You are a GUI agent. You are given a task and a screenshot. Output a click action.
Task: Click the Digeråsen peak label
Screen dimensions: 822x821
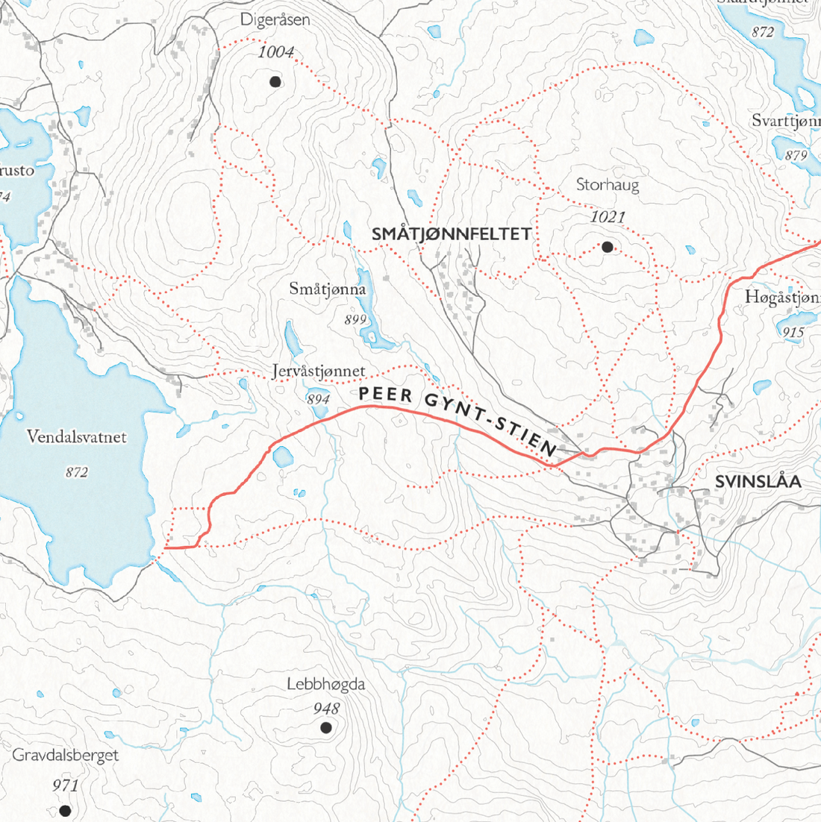click(x=275, y=21)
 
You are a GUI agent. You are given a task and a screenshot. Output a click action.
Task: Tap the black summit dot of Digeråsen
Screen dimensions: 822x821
click(x=275, y=81)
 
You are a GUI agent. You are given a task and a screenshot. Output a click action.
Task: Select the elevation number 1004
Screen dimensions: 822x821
click(x=276, y=52)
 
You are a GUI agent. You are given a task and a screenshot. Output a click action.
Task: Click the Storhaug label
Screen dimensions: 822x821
click(x=608, y=185)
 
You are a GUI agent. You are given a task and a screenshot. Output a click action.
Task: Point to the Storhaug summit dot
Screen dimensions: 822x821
click(x=607, y=247)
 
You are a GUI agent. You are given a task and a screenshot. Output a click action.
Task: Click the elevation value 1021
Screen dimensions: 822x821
click(x=607, y=217)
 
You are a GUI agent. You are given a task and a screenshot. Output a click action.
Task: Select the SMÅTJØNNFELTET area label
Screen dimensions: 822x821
click(x=452, y=234)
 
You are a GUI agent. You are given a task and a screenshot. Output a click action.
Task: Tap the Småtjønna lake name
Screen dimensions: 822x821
click(x=328, y=289)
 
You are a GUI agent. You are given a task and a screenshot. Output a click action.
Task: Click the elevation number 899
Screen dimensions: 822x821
click(x=355, y=320)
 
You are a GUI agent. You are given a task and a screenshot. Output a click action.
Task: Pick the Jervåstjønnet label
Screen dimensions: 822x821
click(x=319, y=371)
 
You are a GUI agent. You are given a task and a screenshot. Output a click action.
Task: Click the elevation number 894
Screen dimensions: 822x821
click(x=318, y=400)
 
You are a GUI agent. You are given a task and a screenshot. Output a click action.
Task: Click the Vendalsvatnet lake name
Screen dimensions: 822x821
click(x=77, y=437)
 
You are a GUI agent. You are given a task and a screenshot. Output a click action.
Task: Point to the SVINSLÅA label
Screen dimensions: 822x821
click(x=758, y=482)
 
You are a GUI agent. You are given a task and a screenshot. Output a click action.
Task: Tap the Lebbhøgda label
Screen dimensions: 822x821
click(x=326, y=684)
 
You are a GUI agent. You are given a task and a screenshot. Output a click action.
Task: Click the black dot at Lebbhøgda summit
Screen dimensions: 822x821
click(x=325, y=727)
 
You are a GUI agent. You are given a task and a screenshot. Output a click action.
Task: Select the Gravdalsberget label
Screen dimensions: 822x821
click(x=66, y=755)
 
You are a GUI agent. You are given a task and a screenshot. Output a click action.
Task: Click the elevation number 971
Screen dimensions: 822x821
click(x=66, y=785)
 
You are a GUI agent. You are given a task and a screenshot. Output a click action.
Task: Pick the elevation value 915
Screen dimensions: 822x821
click(x=793, y=333)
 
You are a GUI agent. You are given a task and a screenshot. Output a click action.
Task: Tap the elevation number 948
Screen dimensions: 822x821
click(x=326, y=709)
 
